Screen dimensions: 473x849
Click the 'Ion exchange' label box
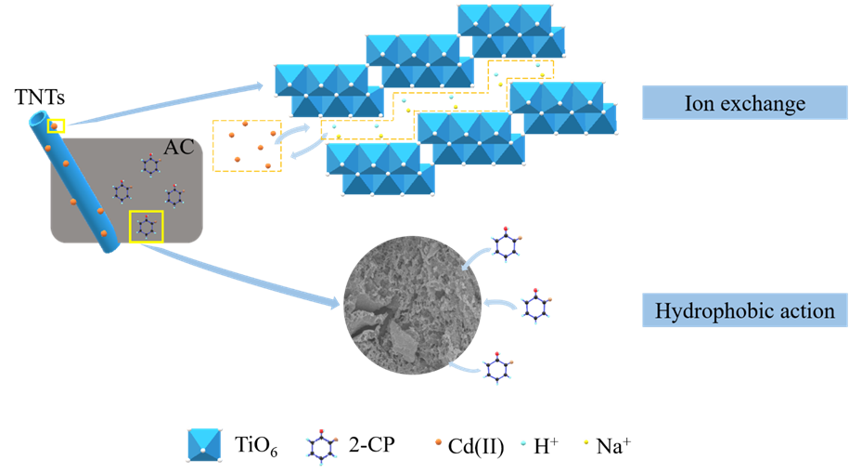[744, 102]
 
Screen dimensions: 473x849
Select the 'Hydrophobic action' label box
[744, 310]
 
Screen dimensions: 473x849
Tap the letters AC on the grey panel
[178, 148]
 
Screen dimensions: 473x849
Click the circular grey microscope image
[412, 304]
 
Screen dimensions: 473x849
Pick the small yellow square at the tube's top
[57, 125]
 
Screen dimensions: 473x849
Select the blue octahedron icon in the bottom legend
[204, 444]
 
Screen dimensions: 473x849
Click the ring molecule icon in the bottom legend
[322, 445]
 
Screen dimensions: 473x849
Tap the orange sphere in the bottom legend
[438, 442]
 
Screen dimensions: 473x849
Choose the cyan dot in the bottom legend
[523, 443]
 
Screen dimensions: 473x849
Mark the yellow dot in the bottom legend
[586, 442]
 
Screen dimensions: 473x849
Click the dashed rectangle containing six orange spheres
[246, 146]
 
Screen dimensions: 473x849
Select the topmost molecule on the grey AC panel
[150, 165]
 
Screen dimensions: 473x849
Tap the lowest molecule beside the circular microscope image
[497, 369]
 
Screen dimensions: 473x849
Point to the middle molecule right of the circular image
[534, 307]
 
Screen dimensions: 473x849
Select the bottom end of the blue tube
[110, 246]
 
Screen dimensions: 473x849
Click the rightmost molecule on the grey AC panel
[174, 195]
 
